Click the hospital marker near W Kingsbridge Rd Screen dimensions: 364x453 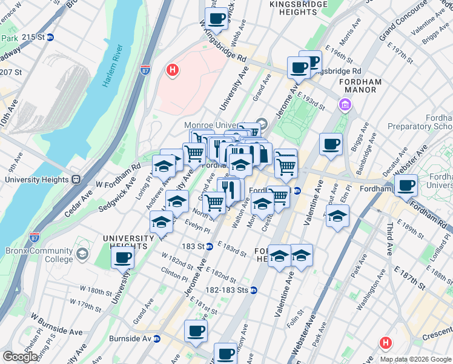[173, 71]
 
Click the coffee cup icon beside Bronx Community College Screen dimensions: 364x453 [123, 257]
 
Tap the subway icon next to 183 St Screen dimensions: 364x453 [209, 246]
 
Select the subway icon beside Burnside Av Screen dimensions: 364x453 [157, 339]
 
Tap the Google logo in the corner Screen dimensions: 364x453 [20, 357]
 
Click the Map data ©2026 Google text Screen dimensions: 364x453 [415, 359]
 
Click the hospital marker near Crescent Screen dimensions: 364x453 [385, 343]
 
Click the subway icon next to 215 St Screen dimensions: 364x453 [51, 37]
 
